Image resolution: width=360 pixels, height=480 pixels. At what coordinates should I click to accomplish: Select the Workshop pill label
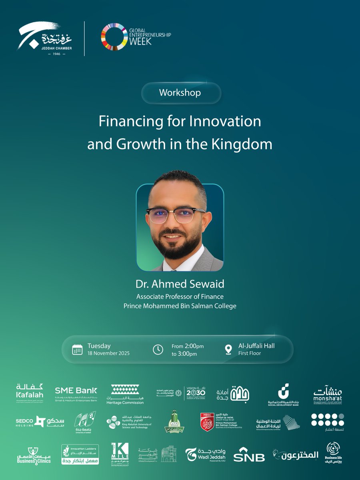click(x=180, y=93)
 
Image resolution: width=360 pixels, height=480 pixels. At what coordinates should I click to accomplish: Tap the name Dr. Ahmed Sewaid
click(x=180, y=284)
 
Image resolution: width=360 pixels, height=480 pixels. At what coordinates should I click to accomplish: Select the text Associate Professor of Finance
click(x=180, y=297)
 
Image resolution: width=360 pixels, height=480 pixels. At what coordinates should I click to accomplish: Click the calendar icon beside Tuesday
click(x=77, y=349)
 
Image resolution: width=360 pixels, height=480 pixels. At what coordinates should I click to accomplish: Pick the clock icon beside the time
click(x=158, y=349)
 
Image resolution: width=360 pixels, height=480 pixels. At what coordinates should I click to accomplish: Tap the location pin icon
click(x=228, y=349)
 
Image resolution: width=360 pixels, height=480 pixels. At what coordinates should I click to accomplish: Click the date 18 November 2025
click(x=108, y=354)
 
